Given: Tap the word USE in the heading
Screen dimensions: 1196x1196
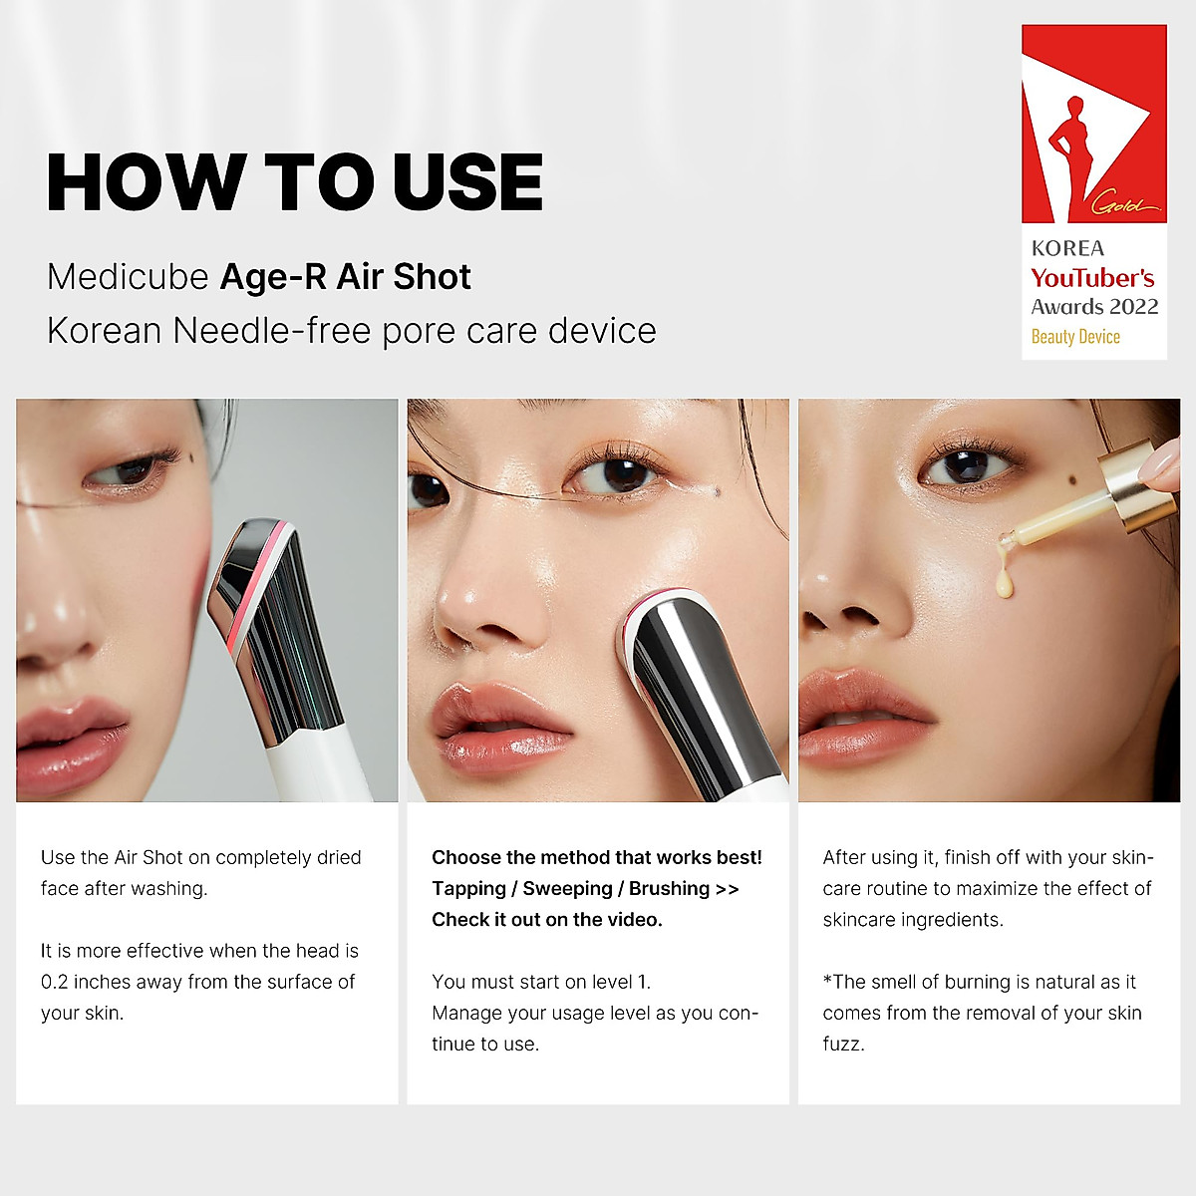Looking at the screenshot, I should coord(467,182).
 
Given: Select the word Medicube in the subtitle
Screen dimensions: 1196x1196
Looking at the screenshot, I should coord(127,277).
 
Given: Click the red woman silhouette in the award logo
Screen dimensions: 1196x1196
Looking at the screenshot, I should coord(1074,149).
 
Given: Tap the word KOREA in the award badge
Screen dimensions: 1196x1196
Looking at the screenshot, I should coord(1067,249).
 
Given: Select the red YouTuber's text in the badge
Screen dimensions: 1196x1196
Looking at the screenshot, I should coord(1092,278).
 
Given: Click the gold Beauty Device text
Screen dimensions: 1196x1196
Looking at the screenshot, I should coord(1075,337).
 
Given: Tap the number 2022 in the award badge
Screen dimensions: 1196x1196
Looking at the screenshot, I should coord(1134,307).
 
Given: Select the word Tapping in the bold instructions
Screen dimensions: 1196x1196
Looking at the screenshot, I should coord(468,889).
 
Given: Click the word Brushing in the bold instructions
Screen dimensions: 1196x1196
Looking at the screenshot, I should coord(669,889).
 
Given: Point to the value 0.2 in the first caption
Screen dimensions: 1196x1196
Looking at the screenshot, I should coord(55,983).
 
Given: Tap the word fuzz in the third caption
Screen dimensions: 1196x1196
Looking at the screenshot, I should coord(842,1045).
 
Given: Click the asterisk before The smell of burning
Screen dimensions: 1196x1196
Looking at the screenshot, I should coord(827,981).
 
